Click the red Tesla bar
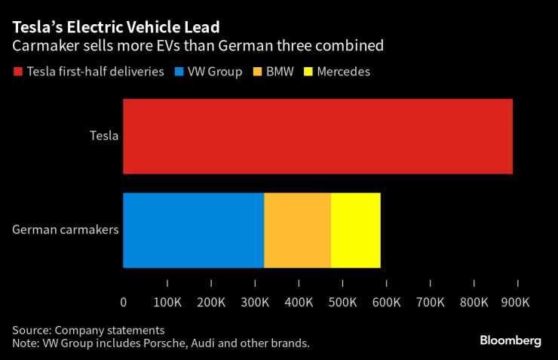(x=317, y=137)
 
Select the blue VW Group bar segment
(x=193, y=230)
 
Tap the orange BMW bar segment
(x=297, y=230)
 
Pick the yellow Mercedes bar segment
(x=355, y=230)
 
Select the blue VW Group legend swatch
(x=179, y=72)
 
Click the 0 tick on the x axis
(x=124, y=303)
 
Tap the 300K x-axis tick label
(x=255, y=303)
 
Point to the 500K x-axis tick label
(x=342, y=303)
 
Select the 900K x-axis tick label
(x=517, y=303)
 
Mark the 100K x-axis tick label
(x=167, y=303)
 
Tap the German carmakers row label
(x=66, y=230)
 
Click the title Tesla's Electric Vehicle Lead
(x=115, y=28)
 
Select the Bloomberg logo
(x=510, y=341)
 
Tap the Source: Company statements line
(x=87, y=331)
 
